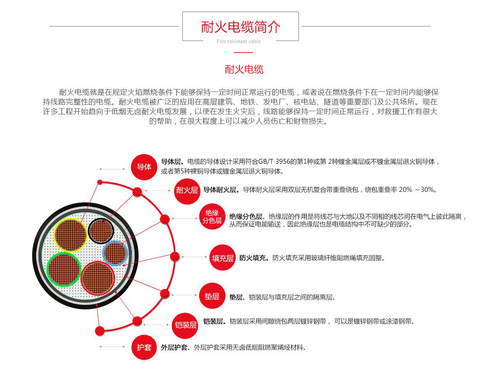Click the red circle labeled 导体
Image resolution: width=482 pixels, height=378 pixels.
point(144,167)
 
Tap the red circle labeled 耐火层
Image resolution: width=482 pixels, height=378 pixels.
point(187,191)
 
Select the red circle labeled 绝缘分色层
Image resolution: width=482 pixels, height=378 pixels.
point(212,216)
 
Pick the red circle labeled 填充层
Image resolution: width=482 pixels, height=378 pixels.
point(223,257)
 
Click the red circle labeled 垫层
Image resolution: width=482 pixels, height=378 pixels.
point(212,296)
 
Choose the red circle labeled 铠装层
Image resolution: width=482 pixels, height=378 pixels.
point(185,325)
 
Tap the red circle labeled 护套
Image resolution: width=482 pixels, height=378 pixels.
point(144,347)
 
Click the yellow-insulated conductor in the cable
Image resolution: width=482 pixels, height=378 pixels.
point(71,235)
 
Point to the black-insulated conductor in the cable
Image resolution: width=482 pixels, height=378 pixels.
point(101,231)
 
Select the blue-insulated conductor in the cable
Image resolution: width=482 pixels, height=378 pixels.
point(115,253)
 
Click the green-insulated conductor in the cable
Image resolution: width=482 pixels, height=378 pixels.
point(64,269)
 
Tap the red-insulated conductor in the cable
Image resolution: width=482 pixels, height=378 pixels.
point(98,278)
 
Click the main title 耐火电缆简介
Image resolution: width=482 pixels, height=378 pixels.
point(241,27)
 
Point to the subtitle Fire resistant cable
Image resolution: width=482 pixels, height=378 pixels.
point(239,41)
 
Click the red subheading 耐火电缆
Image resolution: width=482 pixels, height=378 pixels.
point(244,69)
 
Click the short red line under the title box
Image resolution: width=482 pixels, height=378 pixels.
point(243,53)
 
